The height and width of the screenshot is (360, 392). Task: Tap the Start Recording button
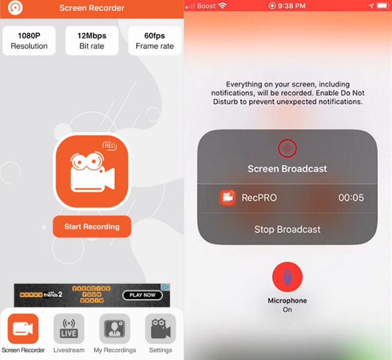(x=92, y=226)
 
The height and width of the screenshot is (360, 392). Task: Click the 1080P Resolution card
(x=29, y=41)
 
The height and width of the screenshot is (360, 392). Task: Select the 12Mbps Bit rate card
(x=92, y=41)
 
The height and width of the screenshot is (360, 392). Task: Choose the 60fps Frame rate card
(x=154, y=41)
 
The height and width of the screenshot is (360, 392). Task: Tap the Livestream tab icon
(x=69, y=329)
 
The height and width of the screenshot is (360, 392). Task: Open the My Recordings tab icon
(x=115, y=329)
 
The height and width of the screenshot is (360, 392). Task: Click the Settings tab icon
(x=161, y=329)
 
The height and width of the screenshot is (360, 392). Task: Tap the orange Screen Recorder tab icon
(x=23, y=329)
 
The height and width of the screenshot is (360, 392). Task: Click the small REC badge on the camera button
(x=110, y=146)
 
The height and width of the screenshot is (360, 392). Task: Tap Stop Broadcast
(x=287, y=229)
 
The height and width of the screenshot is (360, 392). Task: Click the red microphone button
(x=287, y=277)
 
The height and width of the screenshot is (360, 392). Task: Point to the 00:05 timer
(x=351, y=197)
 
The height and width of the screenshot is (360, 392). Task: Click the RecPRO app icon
(x=227, y=197)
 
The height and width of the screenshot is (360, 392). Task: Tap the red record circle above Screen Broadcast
(x=287, y=148)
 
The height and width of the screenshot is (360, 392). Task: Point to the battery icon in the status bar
(x=383, y=6)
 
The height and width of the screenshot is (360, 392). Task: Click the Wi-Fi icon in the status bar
(x=222, y=6)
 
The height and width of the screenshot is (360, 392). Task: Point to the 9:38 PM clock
(x=292, y=6)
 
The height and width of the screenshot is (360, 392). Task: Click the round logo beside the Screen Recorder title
(x=15, y=8)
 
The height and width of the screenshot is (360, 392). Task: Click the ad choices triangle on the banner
(x=166, y=288)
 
